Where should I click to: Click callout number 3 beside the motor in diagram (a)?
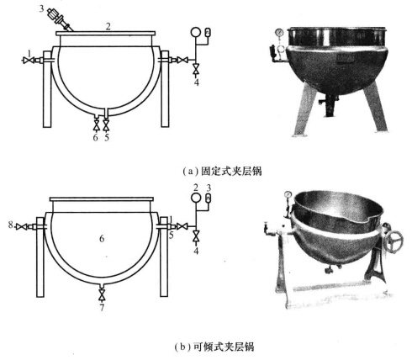click(x=41, y=8)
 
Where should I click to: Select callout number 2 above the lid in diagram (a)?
click(x=108, y=27)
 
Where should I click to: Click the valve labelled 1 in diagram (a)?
click(x=29, y=60)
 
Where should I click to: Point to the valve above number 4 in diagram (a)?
click(x=197, y=69)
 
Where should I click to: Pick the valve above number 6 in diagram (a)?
click(x=96, y=125)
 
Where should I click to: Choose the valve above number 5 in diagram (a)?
click(x=106, y=125)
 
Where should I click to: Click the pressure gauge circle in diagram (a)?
click(x=195, y=32)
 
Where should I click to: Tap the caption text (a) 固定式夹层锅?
click(x=222, y=171)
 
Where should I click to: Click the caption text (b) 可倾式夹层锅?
click(x=214, y=347)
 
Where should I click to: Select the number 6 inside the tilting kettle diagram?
click(x=102, y=239)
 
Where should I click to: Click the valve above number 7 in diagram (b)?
click(x=102, y=294)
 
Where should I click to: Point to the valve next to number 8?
click(x=21, y=226)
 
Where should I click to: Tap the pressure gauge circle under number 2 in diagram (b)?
click(x=196, y=198)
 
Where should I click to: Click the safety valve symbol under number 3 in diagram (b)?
click(x=208, y=198)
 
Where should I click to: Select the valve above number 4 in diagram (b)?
click(x=196, y=236)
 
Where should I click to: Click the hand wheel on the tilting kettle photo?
click(x=394, y=240)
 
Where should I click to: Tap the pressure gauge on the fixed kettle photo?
click(x=279, y=33)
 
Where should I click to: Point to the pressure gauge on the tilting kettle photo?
click(x=288, y=194)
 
